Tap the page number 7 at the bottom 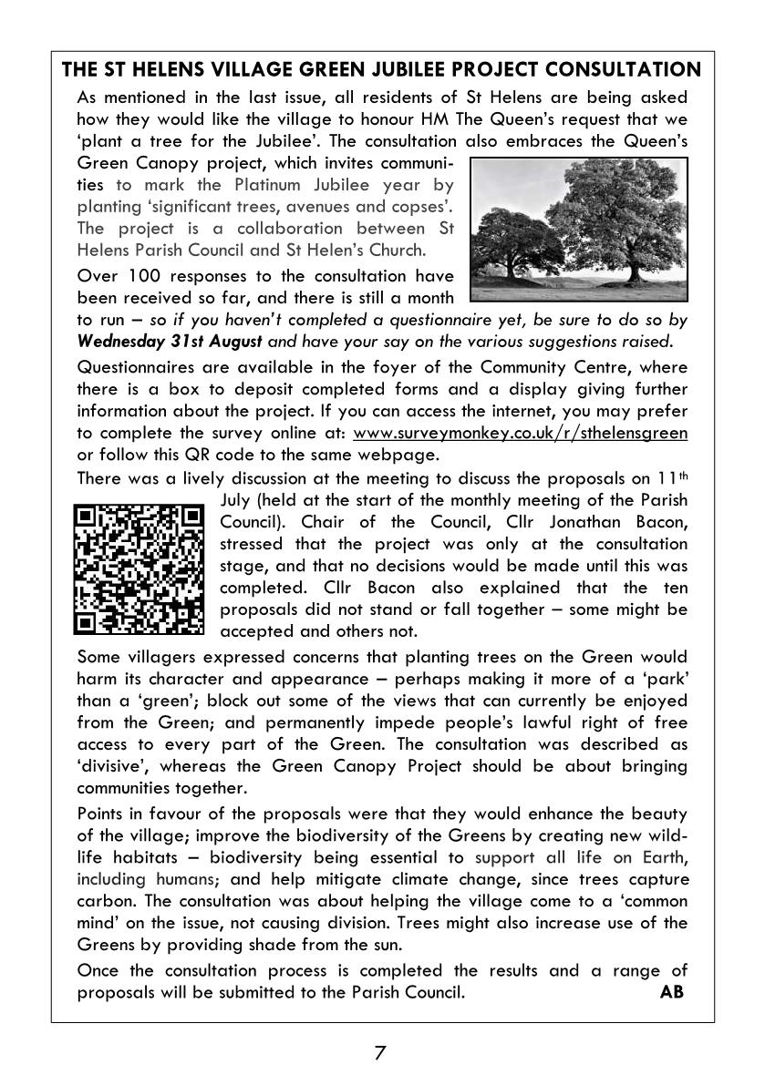(380, 1053)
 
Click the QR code (140, 568)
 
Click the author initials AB (671, 992)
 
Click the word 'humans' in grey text (187, 879)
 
